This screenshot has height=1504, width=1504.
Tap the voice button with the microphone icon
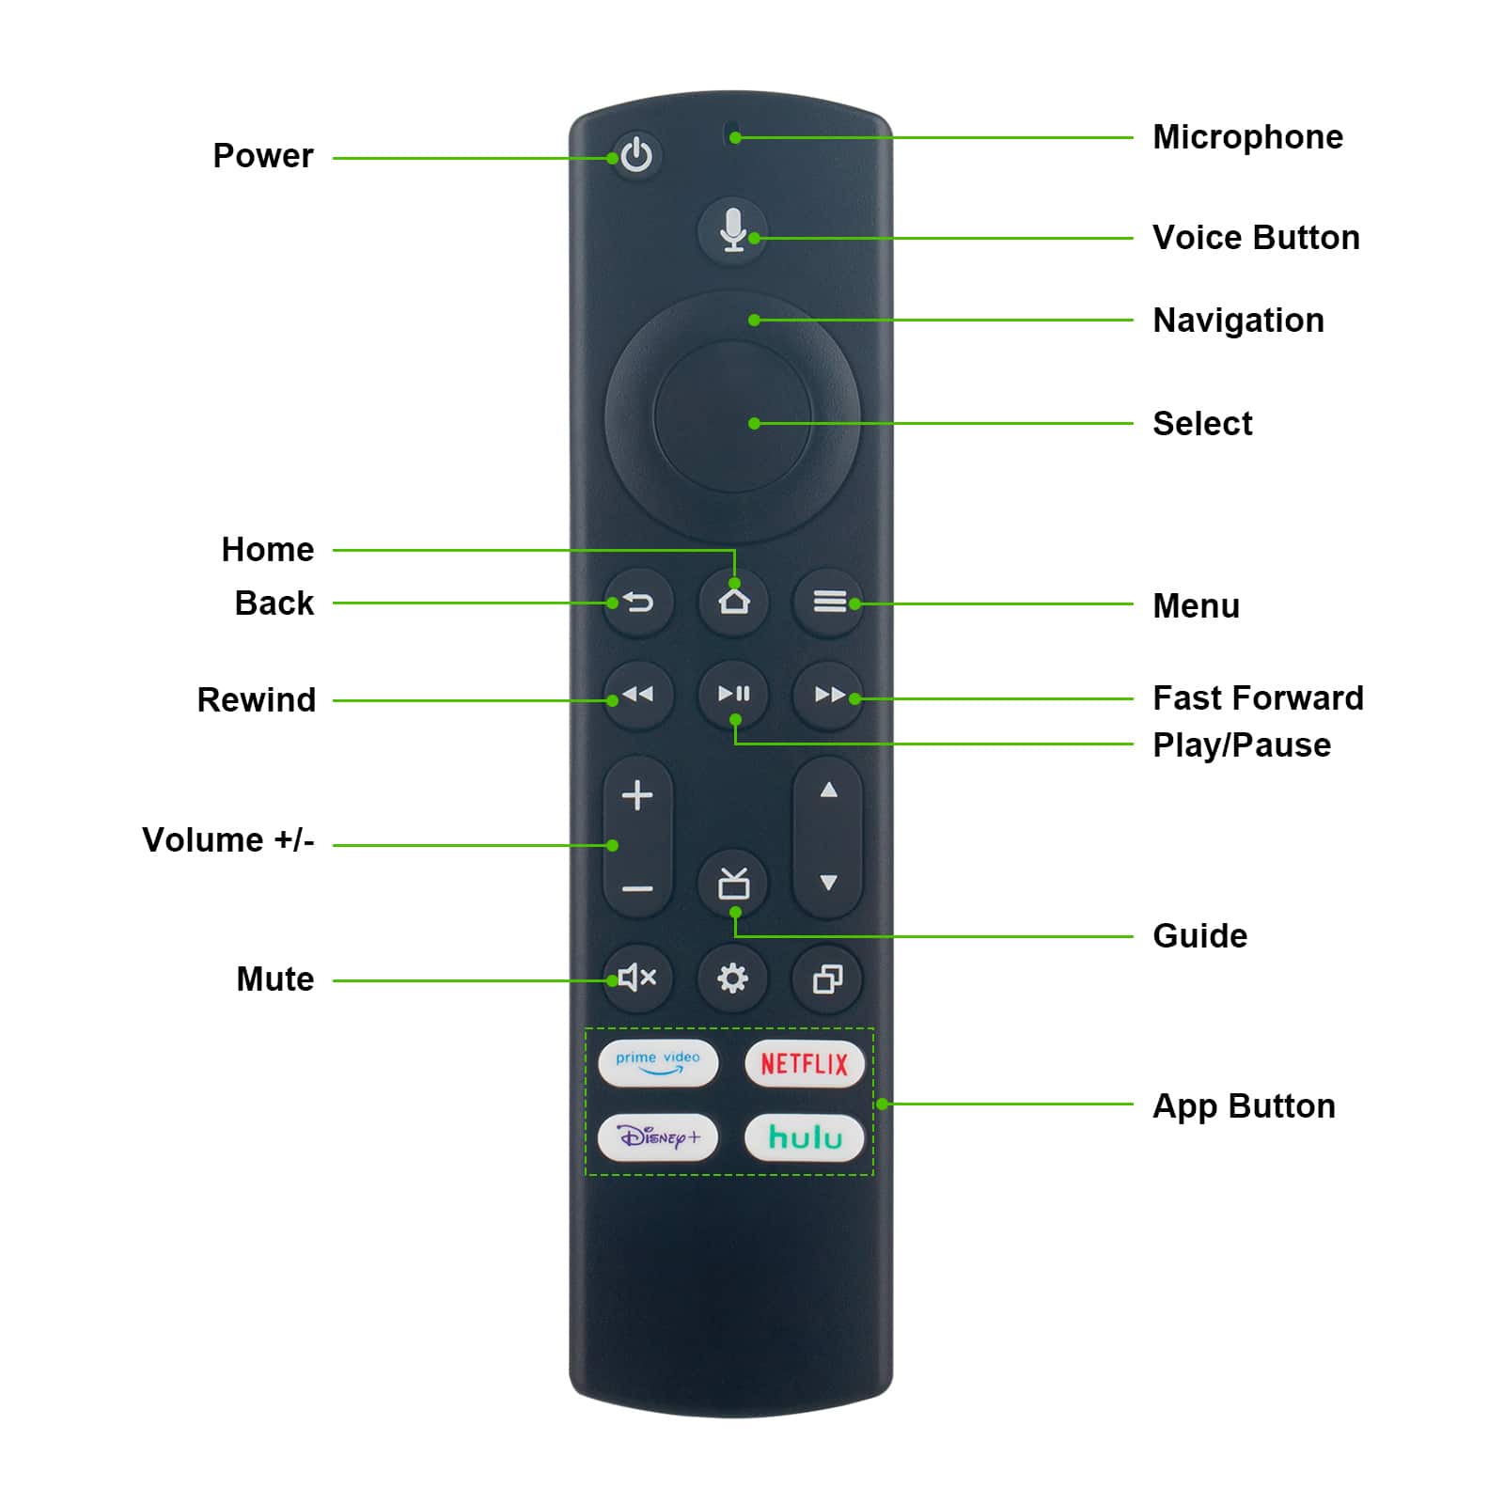[x=733, y=231]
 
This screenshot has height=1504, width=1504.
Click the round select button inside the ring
[x=732, y=416]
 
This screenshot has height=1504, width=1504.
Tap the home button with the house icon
[x=734, y=601]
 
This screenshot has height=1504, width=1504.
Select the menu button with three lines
[x=828, y=601]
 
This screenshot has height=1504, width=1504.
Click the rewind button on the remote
[x=638, y=695]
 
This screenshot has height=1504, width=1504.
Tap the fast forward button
[x=828, y=695]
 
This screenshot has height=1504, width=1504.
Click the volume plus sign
[x=637, y=795]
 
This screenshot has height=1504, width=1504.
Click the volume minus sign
[x=637, y=888]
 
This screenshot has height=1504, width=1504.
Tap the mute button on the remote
[x=638, y=978]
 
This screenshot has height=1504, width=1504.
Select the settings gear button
[x=733, y=978]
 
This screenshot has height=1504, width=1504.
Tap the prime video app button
[x=658, y=1063]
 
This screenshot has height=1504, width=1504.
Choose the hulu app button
[x=805, y=1137]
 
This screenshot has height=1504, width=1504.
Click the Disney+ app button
[x=658, y=1137]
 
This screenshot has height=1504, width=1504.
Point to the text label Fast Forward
[x=1258, y=698]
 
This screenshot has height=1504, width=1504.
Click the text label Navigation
[x=1239, y=321]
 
